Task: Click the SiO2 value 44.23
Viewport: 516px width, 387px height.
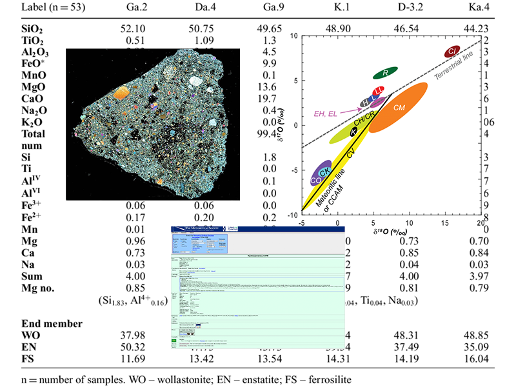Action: click(x=475, y=30)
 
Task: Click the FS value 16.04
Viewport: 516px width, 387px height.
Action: click(x=475, y=358)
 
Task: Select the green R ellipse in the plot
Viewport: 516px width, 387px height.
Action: click(x=384, y=73)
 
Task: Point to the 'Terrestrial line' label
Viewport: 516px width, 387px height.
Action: click(x=457, y=66)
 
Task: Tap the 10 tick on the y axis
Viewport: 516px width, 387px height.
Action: click(x=292, y=36)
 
